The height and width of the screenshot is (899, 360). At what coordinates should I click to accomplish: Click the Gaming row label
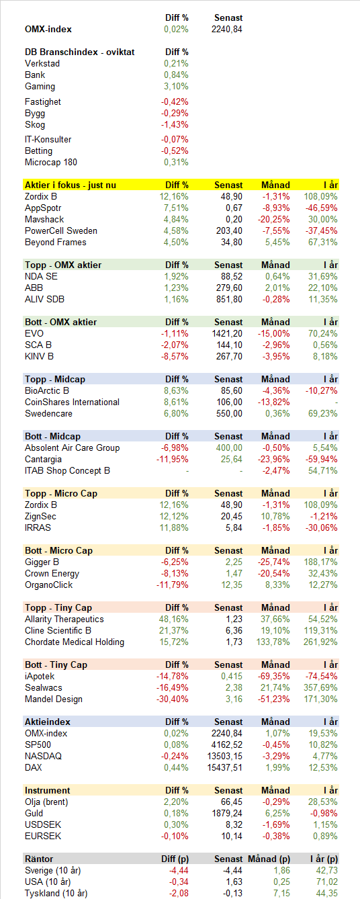pyautogui.click(x=40, y=86)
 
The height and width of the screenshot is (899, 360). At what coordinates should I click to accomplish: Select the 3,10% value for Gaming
pyautogui.click(x=176, y=86)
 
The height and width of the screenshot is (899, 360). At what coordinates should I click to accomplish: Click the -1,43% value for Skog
pyautogui.click(x=175, y=125)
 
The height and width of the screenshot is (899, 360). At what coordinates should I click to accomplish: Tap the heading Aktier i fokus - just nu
pyautogui.click(x=71, y=185)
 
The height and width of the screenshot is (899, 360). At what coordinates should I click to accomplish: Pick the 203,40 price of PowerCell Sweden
pyautogui.click(x=229, y=230)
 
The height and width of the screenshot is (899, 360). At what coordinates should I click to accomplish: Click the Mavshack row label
pyautogui.click(x=44, y=220)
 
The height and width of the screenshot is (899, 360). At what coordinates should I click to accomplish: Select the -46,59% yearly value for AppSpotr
pyautogui.click(x=322, y=208)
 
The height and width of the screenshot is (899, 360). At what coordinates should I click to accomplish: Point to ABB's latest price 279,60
pyautogui.click(x=229, y=288)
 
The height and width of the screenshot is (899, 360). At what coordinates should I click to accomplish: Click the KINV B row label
pyautogui.click(x=39, y=356)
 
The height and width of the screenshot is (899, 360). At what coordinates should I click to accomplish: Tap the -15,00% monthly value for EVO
pyautogui.click(x=274, y=333)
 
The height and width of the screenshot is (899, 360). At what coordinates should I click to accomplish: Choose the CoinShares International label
pyautogui.click(x=73, y=402)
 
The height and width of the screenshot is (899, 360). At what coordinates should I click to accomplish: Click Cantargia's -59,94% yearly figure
pyautogui.click(x=322, y=459)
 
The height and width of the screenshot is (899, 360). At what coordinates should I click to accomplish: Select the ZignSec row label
pyautogui.click(x=40, y=517)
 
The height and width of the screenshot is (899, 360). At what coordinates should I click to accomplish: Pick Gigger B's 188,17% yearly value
pyautogui.click(x=320, y=562)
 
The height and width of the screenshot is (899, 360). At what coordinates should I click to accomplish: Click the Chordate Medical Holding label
pyautogui.click(x=75, y=642)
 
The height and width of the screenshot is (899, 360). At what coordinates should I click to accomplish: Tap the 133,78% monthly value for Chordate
pyautogui.click(x=273, y=642)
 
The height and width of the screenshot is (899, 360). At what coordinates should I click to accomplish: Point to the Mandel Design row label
pyautogui.click(x=54, y=699)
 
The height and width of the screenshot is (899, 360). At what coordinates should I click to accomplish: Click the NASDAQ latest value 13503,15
pyautogui.click(x=225, y=756)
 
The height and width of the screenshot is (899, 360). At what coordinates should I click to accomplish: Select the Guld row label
pyautogui.click(x=34, y=814)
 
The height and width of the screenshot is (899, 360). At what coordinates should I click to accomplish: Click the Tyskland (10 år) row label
pyautogui.click(x=56, y=894)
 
